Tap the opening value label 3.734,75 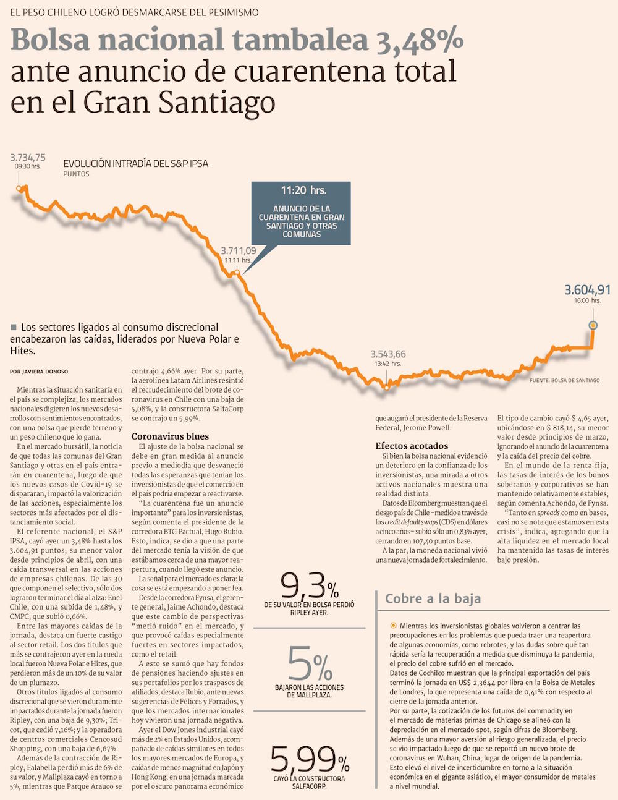point(28,158)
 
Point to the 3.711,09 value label point(239,251)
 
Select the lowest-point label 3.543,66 point(388,354)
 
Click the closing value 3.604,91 point(587,290)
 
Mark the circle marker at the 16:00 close point(593,325)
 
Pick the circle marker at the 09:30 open point(19,189)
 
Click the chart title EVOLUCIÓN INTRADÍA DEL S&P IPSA point(135,164)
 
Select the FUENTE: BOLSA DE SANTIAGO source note point(564,380)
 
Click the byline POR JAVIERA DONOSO point(39,372)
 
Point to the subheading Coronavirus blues point(170,436)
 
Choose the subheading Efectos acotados point(412,446)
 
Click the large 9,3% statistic point(309,584)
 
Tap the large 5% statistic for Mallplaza point(310,664)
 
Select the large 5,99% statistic point(309,759)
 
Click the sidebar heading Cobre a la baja point(433,598)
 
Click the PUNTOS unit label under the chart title point(76,174)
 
